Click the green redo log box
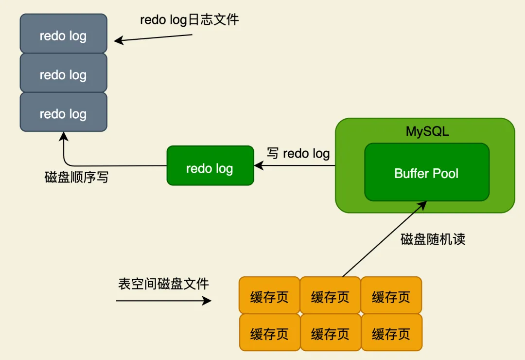tap(210, 165)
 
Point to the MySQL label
tap(427, 131)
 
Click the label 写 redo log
tap(298, 153)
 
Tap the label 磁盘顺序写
tap(76, 177)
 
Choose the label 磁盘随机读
tap(433, 239)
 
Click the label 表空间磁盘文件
tap(163, 284)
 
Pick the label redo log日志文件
tap(190, 19)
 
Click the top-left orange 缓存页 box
tap(269, 295)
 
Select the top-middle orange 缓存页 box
tap(330, 295)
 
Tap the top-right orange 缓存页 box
tap(391, 295)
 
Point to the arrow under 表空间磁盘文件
tap(163, 301)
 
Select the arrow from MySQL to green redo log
tap(295, 166)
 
